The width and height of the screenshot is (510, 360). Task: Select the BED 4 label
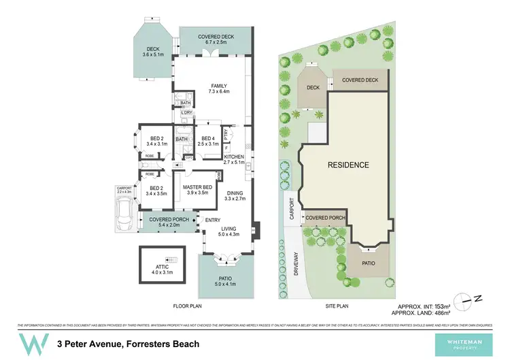208,141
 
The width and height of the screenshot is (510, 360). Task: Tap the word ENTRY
213,219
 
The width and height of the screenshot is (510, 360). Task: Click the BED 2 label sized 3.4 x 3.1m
156,141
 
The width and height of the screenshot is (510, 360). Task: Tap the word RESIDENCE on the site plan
348,165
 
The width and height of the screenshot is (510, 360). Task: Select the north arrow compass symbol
467,297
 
